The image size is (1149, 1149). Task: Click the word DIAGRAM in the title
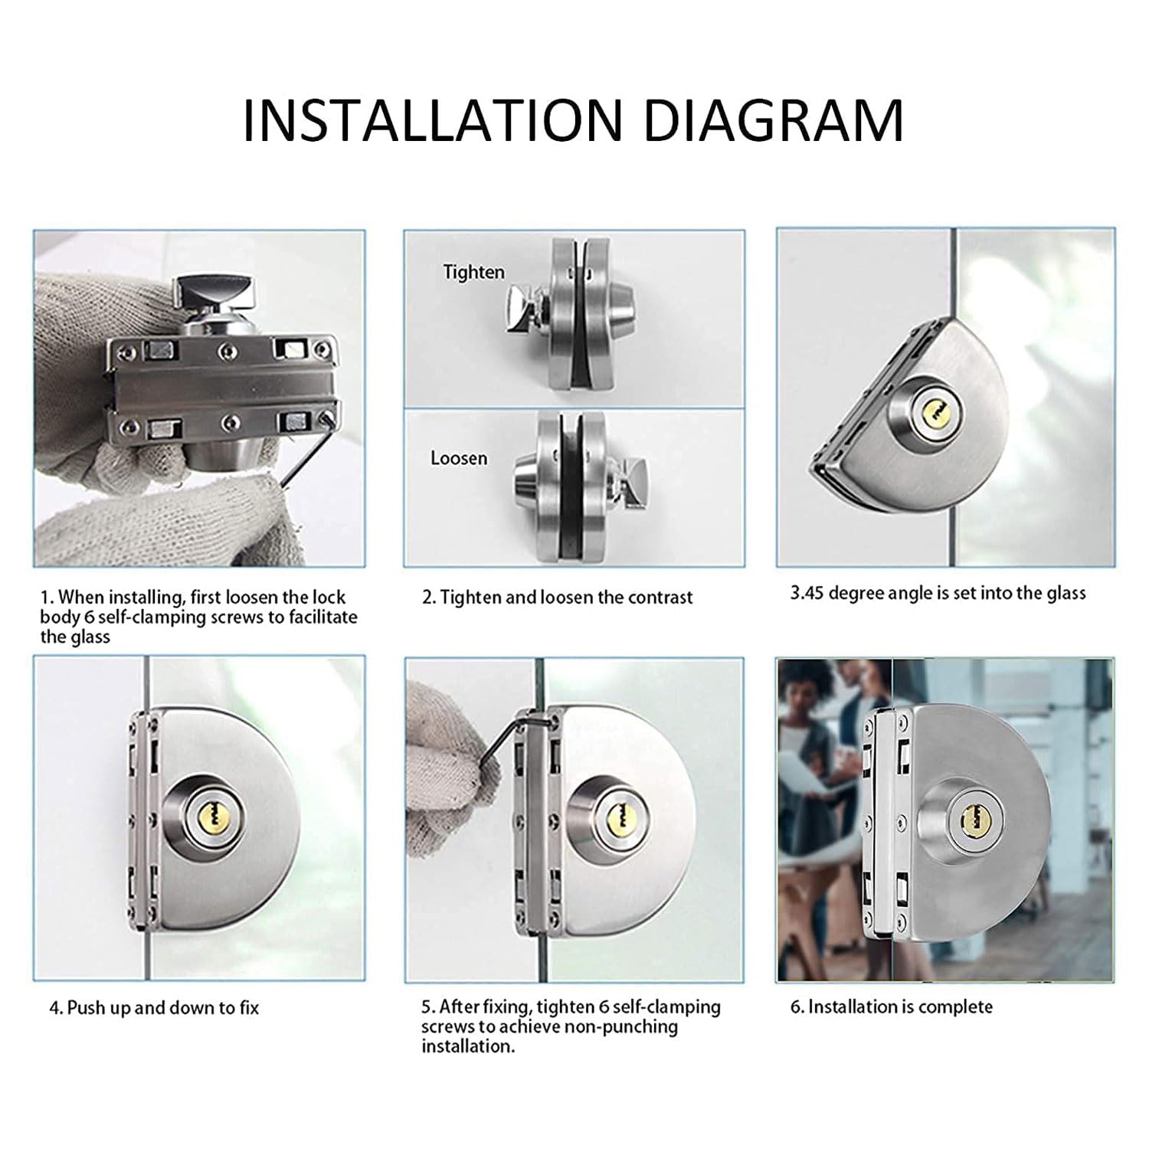tap(774, 119)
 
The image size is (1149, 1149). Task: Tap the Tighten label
tap(474, 272)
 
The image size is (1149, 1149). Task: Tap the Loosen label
tap(459, 458)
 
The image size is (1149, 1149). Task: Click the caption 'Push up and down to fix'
tap(154, 1007)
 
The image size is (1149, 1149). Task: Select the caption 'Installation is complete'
tap(891, 1007)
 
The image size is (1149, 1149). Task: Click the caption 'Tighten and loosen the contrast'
tap(558, 597)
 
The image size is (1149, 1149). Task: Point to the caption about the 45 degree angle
tap(938, 593)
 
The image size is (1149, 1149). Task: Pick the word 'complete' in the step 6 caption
tap(955, 1007)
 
